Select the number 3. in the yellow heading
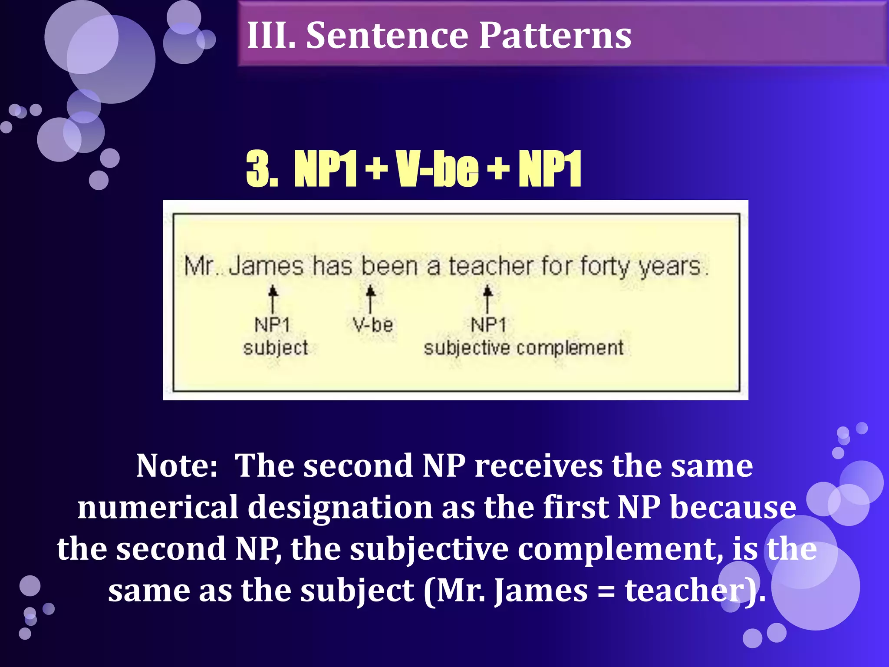[262, 169]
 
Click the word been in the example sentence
[389, 266]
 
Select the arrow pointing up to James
[273, 299]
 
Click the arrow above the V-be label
[370, 299]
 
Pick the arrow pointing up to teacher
[488, 299]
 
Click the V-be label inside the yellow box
[373, 325]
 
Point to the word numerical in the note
[158, 507]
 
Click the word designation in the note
[340, 507]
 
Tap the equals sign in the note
[606, 591]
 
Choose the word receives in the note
[539, 466]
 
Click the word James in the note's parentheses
[541, 591]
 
